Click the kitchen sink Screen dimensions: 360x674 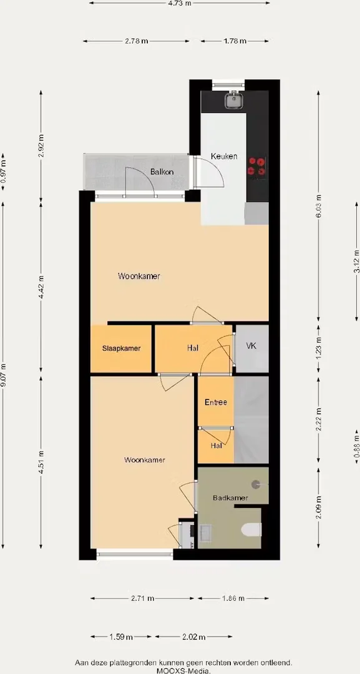pos(234,100)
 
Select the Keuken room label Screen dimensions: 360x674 pos(224,157)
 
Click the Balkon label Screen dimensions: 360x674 pos(162,172)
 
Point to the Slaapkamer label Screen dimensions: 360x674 pos(121,349)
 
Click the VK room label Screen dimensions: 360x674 pos(251,346)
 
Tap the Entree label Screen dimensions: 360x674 pos(216,403)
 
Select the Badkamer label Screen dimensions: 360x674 pos(230,498)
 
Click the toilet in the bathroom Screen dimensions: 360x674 pos(251,530)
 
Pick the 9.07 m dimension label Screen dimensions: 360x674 pos(4,375)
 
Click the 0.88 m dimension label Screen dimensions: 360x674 pos(356,447)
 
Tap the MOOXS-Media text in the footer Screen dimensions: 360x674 pos(183,670)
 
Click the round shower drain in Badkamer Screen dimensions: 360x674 pos(256,484)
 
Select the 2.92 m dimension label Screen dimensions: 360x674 pos(41,146)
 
